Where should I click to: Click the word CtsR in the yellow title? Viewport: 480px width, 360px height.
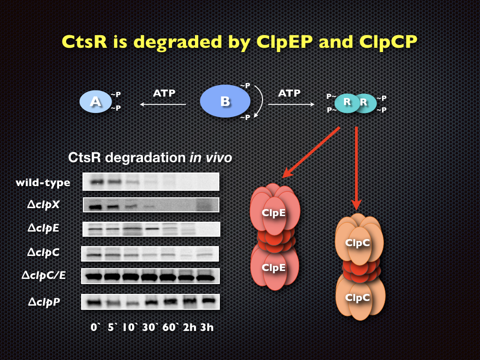pos(84,42)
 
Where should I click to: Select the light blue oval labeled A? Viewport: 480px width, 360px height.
pos(96,102)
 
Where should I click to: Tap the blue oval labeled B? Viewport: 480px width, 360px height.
pos(225,101)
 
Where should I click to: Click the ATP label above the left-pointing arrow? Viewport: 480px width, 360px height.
pos(164,93)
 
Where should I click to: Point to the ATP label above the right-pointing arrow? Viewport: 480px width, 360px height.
pos(289,93)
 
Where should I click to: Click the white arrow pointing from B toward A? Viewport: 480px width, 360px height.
pos(163,105)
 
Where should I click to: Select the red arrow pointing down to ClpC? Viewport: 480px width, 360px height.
pos(356,168)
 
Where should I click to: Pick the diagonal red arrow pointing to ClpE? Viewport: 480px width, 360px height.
pos(311,152)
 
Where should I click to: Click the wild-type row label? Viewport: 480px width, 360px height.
pos(43,183)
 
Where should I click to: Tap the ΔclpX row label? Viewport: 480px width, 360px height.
pos(43,204)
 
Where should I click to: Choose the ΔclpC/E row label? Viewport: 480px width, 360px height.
pos(44,276)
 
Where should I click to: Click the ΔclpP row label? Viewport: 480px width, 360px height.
pos(44,302)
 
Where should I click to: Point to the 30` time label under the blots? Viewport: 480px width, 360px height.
pos(149,327)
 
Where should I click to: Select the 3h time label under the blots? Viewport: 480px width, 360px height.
pos(207,327)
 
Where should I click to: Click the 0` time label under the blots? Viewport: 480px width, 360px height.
pos(95,327)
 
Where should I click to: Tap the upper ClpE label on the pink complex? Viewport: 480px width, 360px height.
pos(274,212)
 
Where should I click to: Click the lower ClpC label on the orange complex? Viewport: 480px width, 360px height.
pos(358,298)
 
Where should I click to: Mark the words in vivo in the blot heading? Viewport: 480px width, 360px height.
pos(210,157)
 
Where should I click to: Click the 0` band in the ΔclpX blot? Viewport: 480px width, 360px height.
pos(95,207)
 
